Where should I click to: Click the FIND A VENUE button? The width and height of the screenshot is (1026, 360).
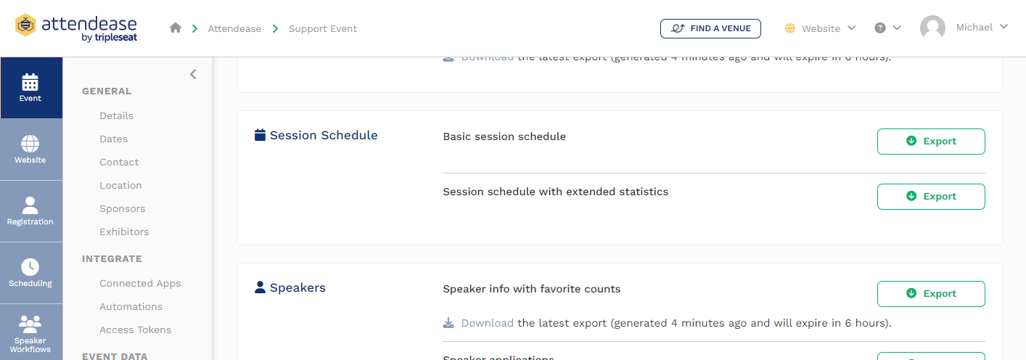tap(710, 28)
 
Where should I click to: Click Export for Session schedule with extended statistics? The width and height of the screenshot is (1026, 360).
tap(931, 197)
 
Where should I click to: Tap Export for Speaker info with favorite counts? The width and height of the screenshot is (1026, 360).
tap(931, 294)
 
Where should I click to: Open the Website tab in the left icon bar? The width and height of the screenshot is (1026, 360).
tap(30, 149)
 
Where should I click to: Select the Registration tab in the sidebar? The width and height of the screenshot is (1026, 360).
tap(30, 210)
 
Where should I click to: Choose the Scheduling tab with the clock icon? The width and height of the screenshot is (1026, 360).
tap(30, 272)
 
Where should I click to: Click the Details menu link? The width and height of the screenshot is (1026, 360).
tap(116, 116)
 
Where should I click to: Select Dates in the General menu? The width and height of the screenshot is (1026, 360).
tap(113, 139)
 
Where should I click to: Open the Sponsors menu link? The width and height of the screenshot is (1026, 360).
tap(122, 209)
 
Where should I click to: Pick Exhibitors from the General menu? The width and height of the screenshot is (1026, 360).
tap(124, 232)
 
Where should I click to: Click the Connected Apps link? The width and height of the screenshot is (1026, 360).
tap(140, 284)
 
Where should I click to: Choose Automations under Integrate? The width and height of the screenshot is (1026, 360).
tap(131, 307)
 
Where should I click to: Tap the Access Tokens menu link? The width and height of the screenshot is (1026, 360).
tap(135, 330)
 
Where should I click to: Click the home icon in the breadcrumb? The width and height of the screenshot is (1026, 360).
tap(175, 28)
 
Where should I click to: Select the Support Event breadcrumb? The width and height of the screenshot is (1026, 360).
tap(322, 29)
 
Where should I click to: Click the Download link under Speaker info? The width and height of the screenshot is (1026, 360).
tap(487, 323)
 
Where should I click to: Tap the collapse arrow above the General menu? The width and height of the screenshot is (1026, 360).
tap(193, 74)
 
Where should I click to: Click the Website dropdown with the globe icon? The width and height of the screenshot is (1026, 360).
tap(820, 28)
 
